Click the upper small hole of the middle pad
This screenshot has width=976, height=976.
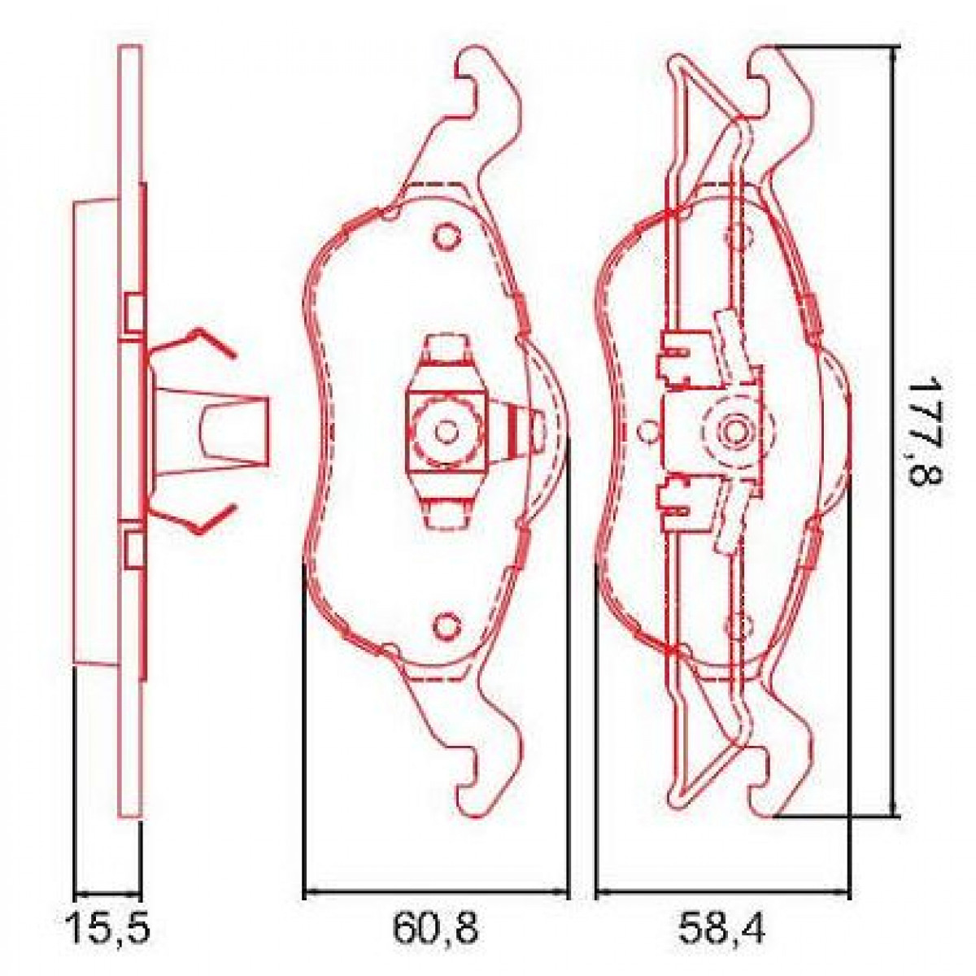click(446, 236)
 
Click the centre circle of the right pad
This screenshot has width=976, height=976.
click(736, 429)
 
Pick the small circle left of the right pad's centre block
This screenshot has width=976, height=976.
click(647, 430)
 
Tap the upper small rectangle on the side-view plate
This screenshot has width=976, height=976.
click(134, 314)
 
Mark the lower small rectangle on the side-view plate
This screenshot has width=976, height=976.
click(134, 547)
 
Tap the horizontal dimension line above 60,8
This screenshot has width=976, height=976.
click(435, 894)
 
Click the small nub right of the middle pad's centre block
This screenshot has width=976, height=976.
click(537, 428)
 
